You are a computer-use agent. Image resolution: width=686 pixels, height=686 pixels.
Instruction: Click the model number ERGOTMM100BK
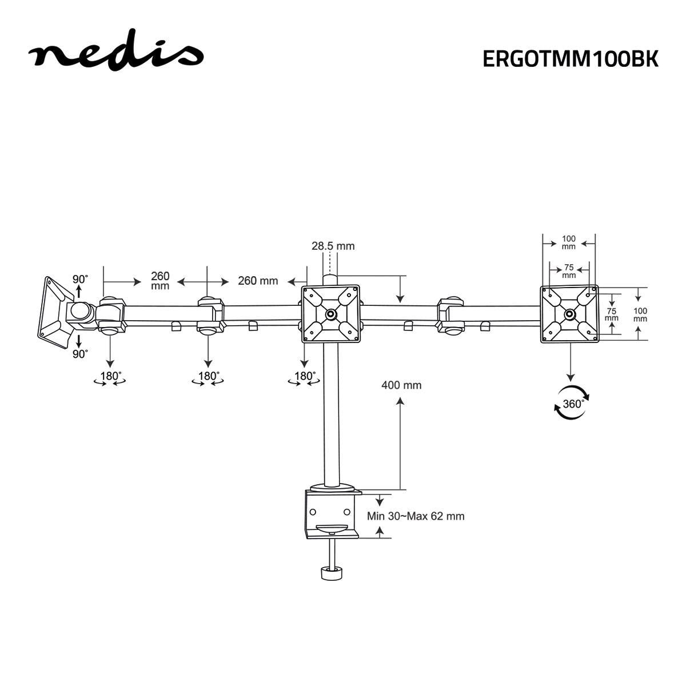(x=570, y=59)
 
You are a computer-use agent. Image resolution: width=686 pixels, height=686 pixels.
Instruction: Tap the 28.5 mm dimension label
(x=333, y=246)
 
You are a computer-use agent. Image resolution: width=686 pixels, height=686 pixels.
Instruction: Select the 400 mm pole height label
(x=401, y=385)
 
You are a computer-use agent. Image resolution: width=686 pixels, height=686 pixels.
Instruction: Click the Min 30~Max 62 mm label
(x=416, y=516)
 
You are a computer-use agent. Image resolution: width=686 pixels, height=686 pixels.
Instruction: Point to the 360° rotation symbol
(x=572, y=403)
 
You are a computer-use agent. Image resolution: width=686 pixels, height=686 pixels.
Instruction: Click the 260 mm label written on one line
(x=258, y=281)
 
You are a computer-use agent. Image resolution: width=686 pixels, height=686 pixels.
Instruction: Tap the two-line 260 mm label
(x=160, y=281)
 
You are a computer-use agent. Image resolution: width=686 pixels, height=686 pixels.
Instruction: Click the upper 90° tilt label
(x=80, y=280)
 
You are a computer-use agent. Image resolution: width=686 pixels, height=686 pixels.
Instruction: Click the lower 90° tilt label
(x=80, y=354)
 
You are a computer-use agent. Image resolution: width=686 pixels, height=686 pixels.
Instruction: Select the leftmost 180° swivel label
(x=111, y=377)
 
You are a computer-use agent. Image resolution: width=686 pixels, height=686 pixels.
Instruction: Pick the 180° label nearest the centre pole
(x=305, y=377)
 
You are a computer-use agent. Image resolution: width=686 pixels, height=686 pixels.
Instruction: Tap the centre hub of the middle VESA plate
(x=331, y=314)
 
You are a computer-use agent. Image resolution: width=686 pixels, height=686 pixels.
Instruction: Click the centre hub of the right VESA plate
(x=569, y=314)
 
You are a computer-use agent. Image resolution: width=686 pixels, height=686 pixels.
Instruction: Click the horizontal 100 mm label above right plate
(x=569, y=242)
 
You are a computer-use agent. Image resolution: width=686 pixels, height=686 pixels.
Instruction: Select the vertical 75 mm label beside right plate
(x=612, y=314)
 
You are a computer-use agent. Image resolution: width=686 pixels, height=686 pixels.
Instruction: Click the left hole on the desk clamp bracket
(x=313, y=511)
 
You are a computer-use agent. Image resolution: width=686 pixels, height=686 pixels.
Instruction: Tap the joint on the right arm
(x=451, y=314)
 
